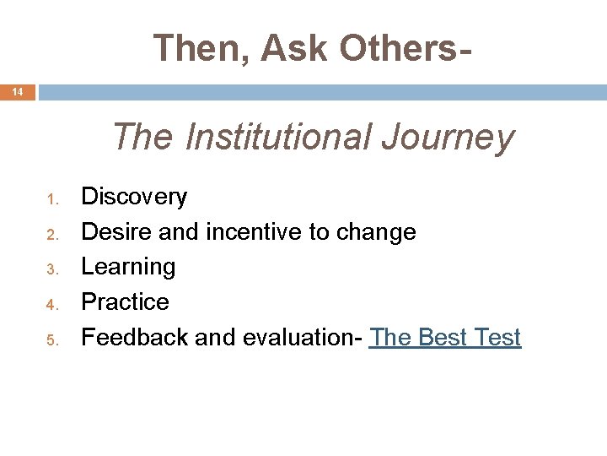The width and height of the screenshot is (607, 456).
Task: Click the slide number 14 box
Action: [18, 92]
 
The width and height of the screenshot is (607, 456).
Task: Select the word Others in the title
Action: [396, 48]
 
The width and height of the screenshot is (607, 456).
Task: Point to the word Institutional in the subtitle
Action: [277, 137]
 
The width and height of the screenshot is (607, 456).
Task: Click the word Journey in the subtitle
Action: [447, 137]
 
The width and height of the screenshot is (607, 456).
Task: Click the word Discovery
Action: [133, 198]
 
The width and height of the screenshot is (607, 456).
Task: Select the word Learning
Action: [128, 268]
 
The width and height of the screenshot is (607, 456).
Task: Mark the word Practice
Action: [125, 302]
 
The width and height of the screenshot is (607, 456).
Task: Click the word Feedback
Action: [134, 338]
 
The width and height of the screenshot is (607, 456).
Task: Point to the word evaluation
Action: [302, 338]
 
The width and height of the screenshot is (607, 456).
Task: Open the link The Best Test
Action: [445, 338]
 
